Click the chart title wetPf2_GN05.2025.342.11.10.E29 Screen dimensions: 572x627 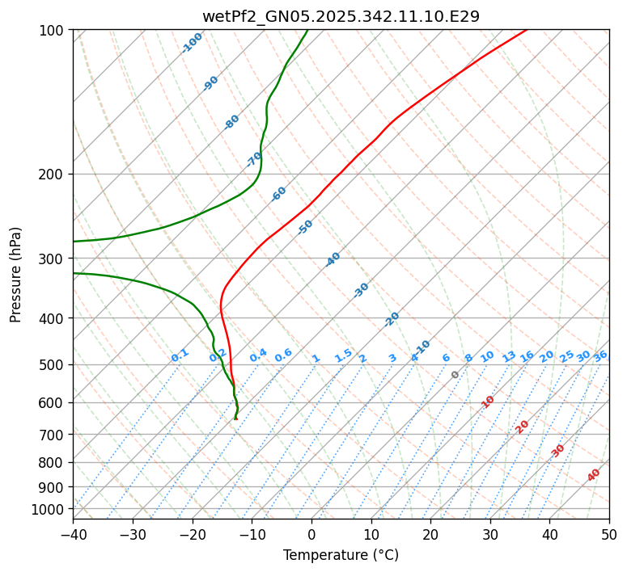coord(341,16)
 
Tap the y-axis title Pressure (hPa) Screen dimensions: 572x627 coord(16,275)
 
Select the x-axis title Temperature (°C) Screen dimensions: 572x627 coord(341,555)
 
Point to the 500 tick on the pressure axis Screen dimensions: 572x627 coord(53,365)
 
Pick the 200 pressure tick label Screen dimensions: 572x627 coord(53,174)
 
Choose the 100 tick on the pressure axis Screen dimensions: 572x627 coord(53,31)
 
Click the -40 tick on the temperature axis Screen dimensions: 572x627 coord(73,534)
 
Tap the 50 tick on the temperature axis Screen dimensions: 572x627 coord(609,534)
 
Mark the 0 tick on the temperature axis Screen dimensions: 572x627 coord(311,534)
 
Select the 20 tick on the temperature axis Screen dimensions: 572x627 coord(430,534)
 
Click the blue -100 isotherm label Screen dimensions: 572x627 coord(192,43)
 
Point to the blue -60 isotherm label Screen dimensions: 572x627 coord(279,194)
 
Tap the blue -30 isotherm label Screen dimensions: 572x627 coord(361,290)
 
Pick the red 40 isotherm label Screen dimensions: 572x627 coord(594,475)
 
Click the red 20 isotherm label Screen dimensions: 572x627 coord(523,426)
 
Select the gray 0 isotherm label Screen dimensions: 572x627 coord(455,375)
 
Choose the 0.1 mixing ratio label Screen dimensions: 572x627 coord(180,355)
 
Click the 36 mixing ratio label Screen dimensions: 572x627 coord(600,355)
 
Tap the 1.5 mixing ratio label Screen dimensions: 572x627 coord(343,355)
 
